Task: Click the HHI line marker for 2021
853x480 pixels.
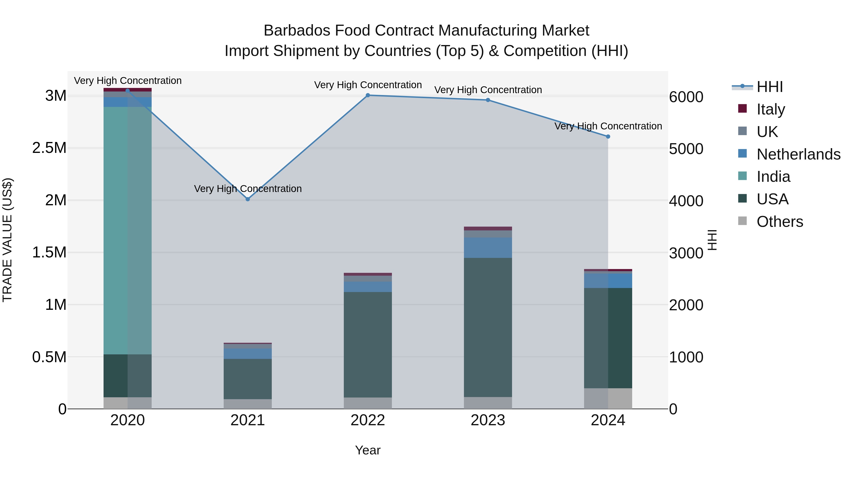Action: coord(248,199)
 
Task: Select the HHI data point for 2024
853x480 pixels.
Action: coord(608,137)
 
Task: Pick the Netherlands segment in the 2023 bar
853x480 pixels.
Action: coord(488,247)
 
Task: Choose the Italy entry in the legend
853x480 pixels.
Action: coord(770,109)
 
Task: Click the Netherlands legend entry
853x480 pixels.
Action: coord(798,154)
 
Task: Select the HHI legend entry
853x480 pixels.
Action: coord(770,87)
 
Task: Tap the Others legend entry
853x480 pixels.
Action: coord(780,222)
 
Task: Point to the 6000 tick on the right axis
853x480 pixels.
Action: coord(686,97)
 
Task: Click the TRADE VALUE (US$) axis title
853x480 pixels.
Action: coord(7,240)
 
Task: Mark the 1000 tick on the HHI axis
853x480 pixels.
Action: coord(686,357)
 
